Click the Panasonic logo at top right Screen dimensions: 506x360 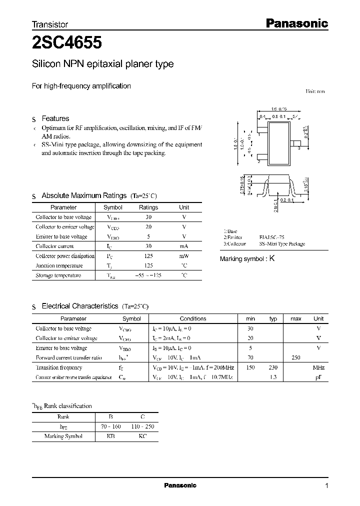pos(295,23)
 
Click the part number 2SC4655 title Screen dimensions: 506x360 pos(67,43)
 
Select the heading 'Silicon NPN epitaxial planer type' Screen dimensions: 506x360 pos(103,64)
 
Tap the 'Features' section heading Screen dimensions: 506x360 pos(55,118)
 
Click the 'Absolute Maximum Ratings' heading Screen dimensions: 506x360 pos(84,195)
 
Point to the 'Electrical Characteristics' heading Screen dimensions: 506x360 pos(80,305)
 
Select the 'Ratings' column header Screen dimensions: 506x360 pos(148,207)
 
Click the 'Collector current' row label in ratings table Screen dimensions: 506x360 pos(54,246)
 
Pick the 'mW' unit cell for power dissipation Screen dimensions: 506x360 pos(184,256)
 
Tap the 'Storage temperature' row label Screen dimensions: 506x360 pos(58,275)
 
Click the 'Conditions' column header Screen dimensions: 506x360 pos(193,318)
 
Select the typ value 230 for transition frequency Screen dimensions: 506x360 pos(273,367)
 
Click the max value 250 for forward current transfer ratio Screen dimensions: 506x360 pos(296,358)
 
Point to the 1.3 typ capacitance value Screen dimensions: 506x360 pos(273,377)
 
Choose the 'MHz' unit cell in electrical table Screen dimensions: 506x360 pos(318,367)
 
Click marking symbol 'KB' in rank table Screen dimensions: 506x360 pos(111,436)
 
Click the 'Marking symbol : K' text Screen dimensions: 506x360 pos(247,259)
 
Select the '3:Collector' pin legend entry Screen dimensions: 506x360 pos(235,244)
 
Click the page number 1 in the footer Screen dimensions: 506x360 pos(326,486)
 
